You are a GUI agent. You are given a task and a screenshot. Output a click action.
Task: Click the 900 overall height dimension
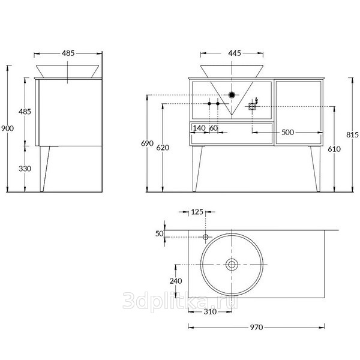click(x=8, y=128)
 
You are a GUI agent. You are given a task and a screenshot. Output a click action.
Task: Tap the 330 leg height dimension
click(x=25, y=169)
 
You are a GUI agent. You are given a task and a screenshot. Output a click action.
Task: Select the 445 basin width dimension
click(x=235, y=53)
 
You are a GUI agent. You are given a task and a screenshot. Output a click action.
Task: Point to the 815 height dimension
click(x=352, y=134)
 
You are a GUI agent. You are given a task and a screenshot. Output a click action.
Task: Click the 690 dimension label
click(x=147, y=143)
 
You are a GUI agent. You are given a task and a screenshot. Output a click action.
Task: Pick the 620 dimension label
click(x=163, y=148)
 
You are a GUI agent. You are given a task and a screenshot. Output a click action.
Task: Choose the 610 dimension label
click(x=334, y=149)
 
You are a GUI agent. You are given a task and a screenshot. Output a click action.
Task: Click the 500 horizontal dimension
click(x=287, y=132)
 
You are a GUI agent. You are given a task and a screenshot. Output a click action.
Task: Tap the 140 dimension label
click(x=199, y=128)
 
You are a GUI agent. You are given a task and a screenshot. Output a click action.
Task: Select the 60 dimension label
click(x=214, y=128)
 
